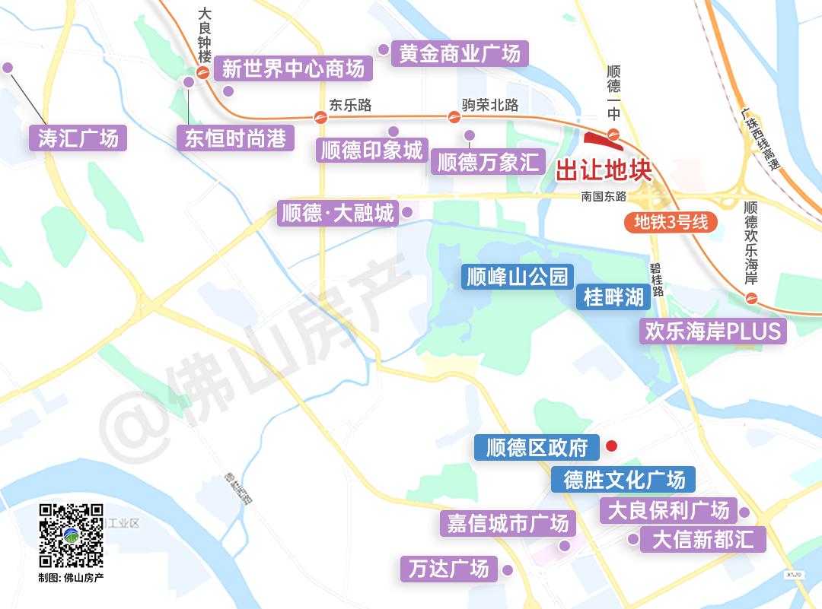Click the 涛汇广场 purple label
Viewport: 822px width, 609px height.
click(78, 139)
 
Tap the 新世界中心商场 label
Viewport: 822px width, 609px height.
click(293, 69)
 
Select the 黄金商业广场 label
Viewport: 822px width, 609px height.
click(460, 53)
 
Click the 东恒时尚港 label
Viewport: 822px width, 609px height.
click(236, 139)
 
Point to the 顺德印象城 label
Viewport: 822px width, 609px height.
click(371, 150)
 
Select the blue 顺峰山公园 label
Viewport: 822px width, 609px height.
click(518, 277)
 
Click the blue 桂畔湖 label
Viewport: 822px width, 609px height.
click(613, 297)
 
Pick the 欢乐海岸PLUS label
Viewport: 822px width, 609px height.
click(713, 331)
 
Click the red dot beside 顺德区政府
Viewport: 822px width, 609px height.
click(610, 446)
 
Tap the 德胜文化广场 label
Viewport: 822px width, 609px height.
click(624, 479)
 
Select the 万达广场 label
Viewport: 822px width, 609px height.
click(448, 568)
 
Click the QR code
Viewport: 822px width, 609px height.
click(71, 535)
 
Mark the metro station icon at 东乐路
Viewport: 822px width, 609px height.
click(320, 117)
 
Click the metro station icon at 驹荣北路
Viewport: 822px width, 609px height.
click(454, 117)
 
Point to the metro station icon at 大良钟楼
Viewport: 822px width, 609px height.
click(202, 73)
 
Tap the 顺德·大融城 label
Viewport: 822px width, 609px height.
click(338, 213)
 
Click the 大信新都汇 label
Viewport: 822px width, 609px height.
click(703, 539)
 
